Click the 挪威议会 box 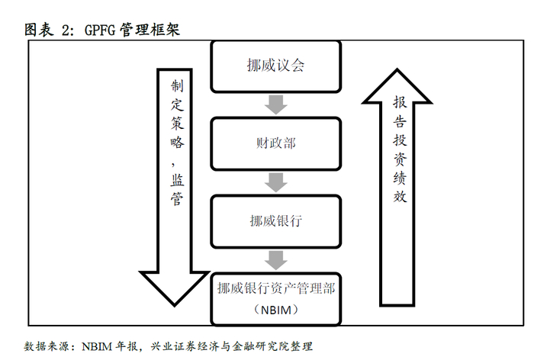pos(276,65)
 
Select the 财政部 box pos(276,143)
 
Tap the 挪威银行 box pos(276,221)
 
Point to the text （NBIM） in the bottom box pos(276,310)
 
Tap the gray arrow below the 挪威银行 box pos(276,259)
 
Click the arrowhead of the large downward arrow pos(176,286)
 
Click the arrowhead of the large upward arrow pos(400,84)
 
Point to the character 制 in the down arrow pos(176,85)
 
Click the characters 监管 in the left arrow pos(176,190)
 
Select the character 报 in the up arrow pos(400,103)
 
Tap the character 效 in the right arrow pos(400,196)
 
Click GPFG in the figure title pos(100,30)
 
